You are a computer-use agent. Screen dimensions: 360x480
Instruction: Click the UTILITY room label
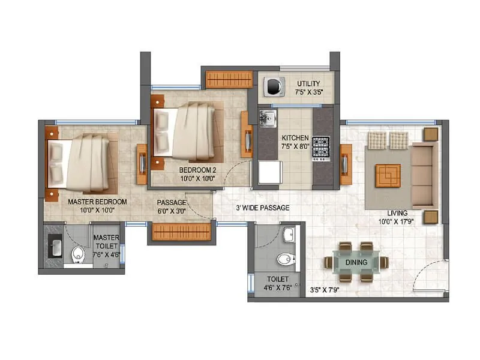(308, 83)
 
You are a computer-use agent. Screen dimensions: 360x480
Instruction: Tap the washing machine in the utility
(275, 86)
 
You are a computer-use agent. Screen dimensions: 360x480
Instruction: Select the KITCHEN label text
(295, 137)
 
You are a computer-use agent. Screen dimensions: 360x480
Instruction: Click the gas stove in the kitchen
(320, 148)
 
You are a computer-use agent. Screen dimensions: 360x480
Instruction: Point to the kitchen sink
(267, 118)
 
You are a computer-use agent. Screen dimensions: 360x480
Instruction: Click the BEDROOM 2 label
(197, 170)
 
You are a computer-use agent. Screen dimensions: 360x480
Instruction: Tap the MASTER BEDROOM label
(97, 202)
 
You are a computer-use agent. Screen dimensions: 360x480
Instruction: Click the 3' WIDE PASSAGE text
(263, 208)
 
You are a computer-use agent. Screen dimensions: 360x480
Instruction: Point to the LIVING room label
(397, 213)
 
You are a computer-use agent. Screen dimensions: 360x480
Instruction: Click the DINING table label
(356, 262)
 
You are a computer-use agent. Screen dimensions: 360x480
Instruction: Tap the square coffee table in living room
(388, 175)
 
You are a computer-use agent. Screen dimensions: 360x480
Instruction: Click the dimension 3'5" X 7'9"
(325, 290)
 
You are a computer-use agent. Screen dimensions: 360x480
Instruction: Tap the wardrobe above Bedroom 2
(229, 79)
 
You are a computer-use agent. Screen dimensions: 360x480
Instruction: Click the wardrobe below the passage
(181, 232)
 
